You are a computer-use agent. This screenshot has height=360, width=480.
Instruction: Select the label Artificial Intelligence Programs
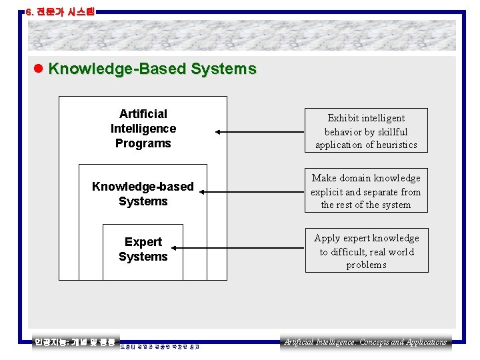pyautogui.click(x=143, y=129)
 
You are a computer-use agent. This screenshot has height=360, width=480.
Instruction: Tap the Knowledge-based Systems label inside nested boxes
pyautogui.click(x=143, y=194)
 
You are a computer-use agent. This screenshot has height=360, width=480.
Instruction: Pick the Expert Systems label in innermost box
pyautogui.click(x=143, y=249)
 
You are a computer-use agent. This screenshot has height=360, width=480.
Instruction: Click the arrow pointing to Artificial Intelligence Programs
pyautogui.click(x=261, y=132)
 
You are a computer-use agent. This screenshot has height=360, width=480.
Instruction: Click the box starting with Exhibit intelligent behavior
pyautogui.click(x=366, y=131)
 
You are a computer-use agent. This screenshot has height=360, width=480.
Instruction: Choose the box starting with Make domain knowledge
pyautogui.click(x=366, y=191)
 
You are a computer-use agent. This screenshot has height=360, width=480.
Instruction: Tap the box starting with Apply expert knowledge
pyautogui.click(x=366, y=251)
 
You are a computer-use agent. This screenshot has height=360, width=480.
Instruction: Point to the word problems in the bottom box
pyautogui.click(x=366, y=265)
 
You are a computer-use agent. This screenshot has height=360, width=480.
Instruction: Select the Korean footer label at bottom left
pyautogui.click(x=75, y=342)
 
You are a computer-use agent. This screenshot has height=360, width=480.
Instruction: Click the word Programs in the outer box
pyautogui.click(x=143, y=143)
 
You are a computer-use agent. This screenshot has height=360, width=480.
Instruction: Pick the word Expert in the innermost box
pyautogui.click(x=143, y=242)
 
